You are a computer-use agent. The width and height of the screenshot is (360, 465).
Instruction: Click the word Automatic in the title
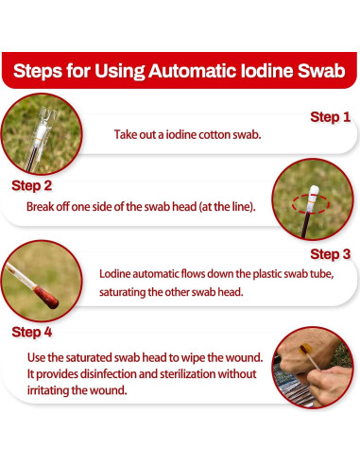coord(192,71)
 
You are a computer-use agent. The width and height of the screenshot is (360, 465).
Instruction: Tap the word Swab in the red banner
coord(321,71)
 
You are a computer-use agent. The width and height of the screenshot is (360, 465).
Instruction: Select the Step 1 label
coord(330,117)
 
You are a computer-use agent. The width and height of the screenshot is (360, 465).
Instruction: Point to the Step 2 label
coord(31,185)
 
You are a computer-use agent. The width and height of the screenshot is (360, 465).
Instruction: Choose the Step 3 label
coord(330,254)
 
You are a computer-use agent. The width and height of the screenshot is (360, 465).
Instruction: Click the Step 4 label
coord(31,332)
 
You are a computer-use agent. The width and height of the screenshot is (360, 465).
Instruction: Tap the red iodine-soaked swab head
coord(46,297)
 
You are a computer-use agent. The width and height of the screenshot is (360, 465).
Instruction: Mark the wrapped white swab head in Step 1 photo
coord(41,134)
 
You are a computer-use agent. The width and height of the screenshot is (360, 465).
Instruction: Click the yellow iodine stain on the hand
coord(305,349)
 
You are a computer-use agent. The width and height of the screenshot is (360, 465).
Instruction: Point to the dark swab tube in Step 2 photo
coord(305,225)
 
